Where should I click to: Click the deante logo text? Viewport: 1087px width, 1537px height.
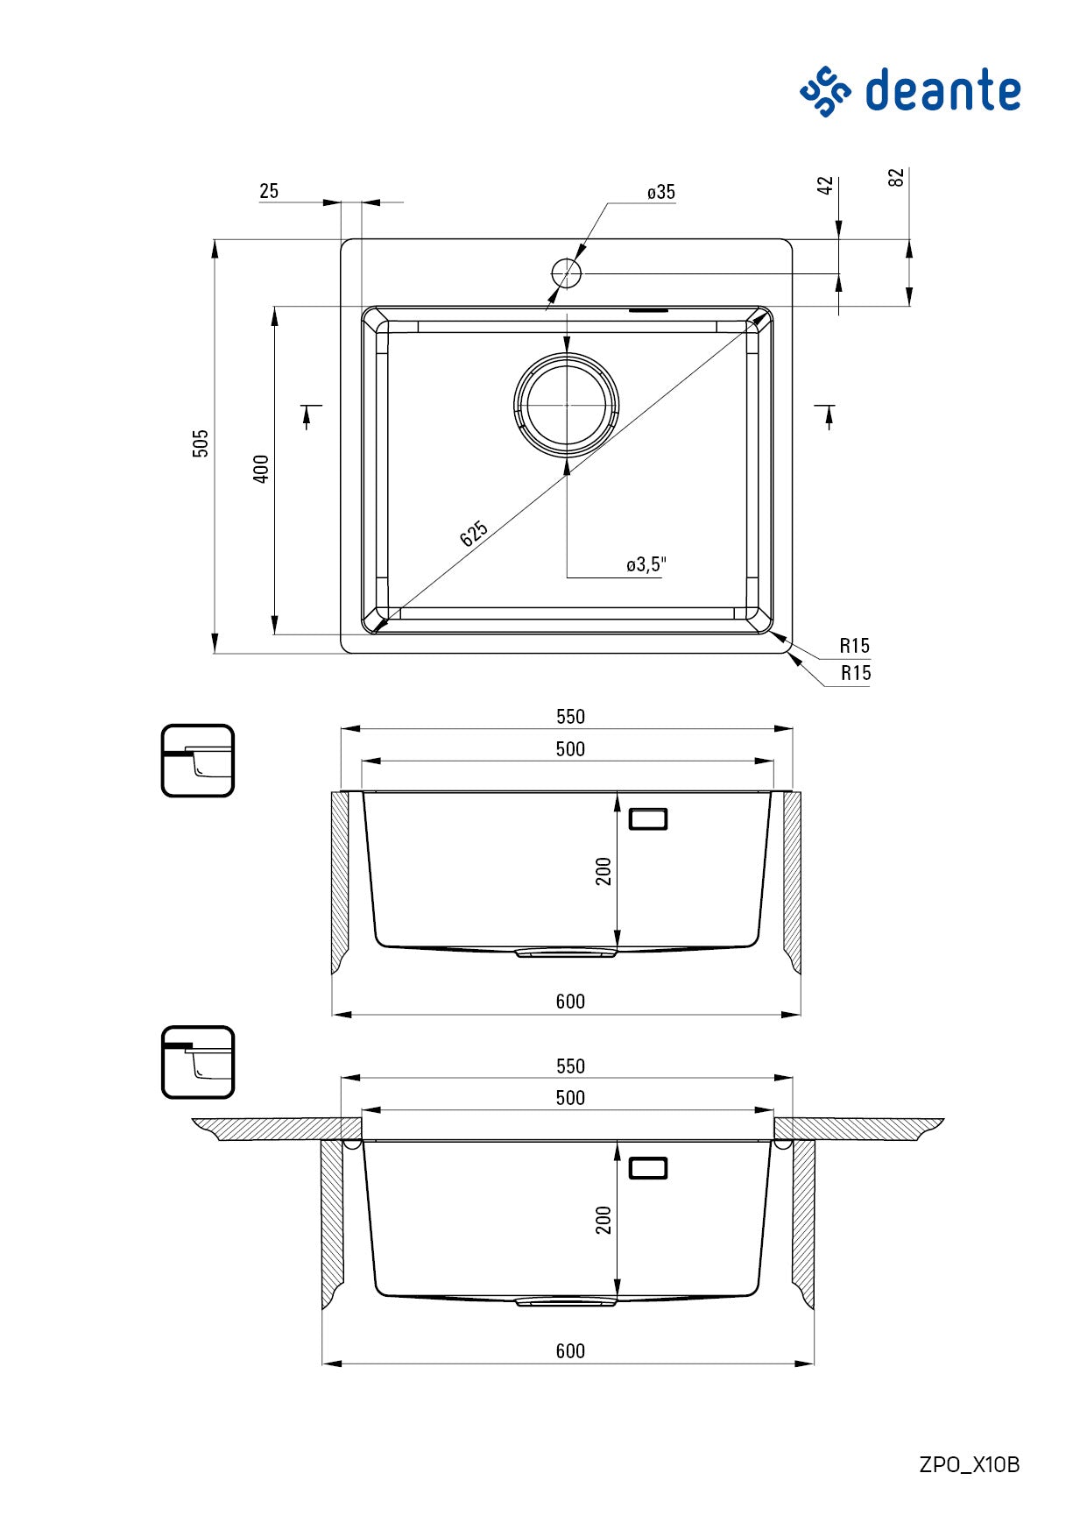tap(942, 91)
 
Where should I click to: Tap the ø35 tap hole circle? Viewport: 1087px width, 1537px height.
tap(567, 273)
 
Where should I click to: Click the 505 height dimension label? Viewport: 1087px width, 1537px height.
tap(201, 443)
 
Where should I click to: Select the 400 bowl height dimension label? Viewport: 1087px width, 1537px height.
tap(260, 469)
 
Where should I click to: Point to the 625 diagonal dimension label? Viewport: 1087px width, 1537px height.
tap(474, 534)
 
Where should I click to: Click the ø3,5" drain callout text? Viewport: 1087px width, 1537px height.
tap(646, 565)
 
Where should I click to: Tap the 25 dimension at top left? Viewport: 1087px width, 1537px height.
tap(269, 191)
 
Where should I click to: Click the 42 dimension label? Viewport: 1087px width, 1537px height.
tap(825, 186)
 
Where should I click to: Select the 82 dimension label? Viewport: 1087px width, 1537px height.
tap(895, 178)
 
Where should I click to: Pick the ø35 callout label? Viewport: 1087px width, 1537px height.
tap(661, 192)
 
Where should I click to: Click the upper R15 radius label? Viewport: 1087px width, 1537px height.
tap(854, 646)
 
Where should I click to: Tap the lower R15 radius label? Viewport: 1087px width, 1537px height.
tap(856, 673)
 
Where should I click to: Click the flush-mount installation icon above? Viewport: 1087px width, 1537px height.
tap(198, 761)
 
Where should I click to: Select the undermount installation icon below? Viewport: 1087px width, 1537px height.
tap(198, 1062)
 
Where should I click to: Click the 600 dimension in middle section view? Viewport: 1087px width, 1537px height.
tap(570, 1002)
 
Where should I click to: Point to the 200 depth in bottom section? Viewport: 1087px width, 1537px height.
tap(603, 1220)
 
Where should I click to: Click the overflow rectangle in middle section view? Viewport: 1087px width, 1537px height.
tap(648, 819)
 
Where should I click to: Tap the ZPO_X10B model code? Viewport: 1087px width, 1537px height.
tap(969, 1464)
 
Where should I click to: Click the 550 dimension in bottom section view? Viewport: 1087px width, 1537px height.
tap(570, 1066)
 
